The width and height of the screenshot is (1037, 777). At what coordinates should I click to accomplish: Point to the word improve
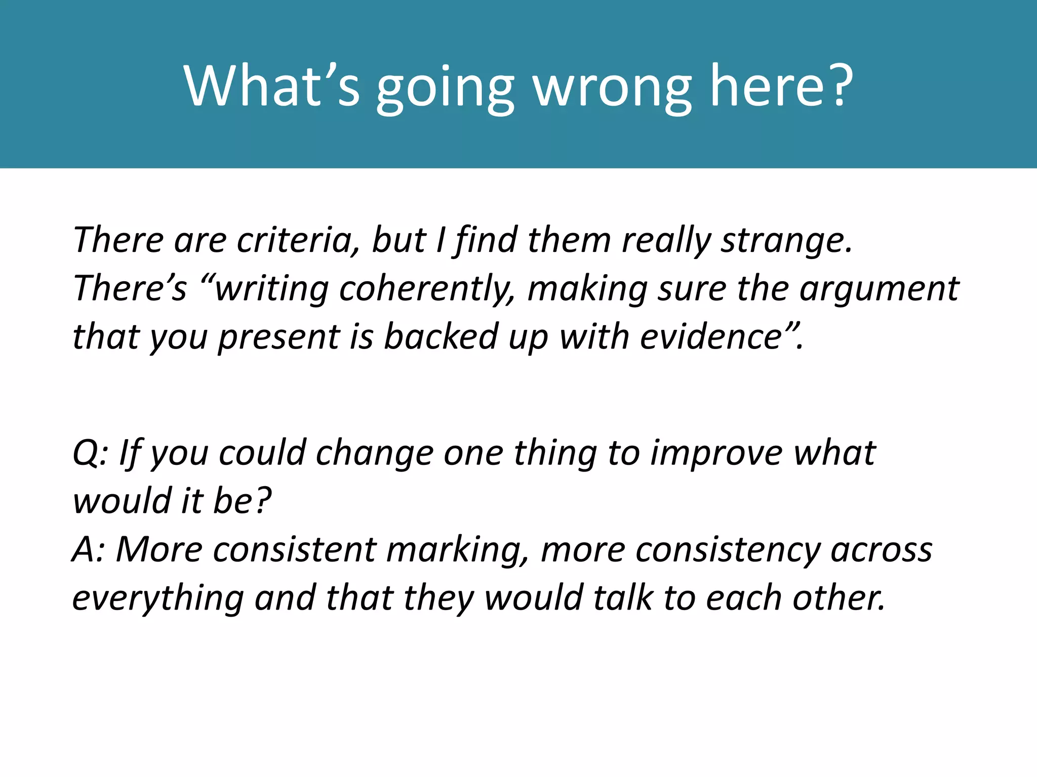[716, 453]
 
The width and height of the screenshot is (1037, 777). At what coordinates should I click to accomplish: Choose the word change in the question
[375, 453]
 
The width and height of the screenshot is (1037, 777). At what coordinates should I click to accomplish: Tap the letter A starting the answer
[83, 549]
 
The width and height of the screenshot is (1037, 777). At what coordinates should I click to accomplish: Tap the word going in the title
[445, 88]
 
